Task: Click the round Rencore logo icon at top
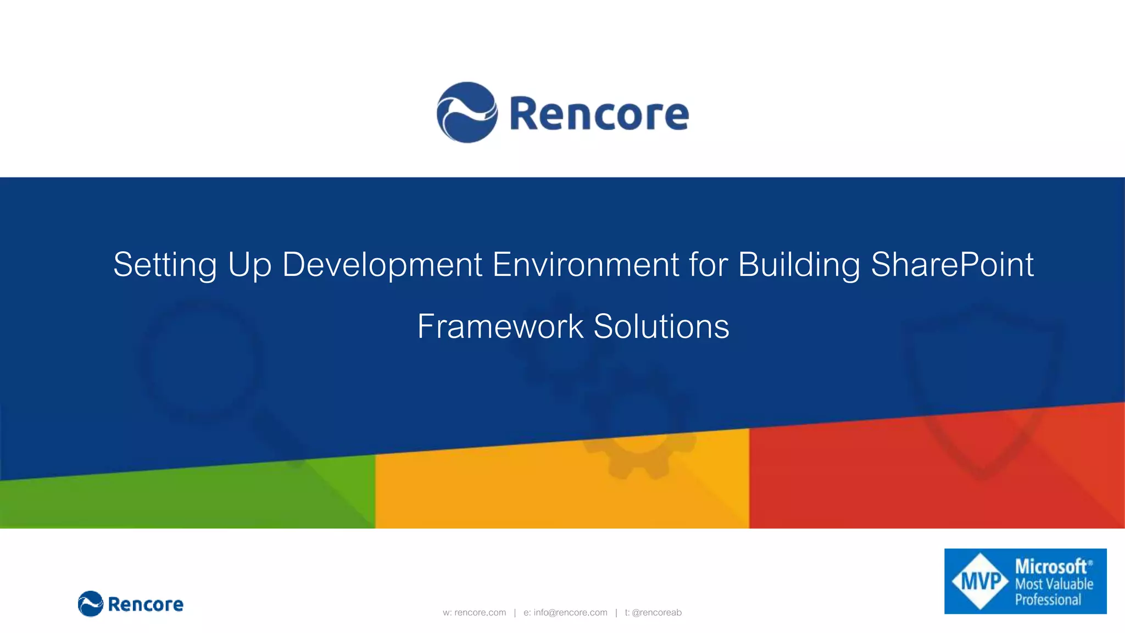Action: (x=467, y=113)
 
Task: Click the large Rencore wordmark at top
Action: (x=599, y=114)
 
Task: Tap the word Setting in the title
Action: (x=165, y=265)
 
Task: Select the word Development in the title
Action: (x=382, y=265)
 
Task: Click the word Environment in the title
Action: (x=586, y=265)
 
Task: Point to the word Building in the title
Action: (x=799, y=265)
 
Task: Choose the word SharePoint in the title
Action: (x=952, y=265)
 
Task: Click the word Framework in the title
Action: (x=500, y=326)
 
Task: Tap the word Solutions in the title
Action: (x=661, y=326)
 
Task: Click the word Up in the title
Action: (x=249, y=265)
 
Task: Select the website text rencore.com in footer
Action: (x=480, y=613)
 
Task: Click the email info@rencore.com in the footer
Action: (x=570, y=613)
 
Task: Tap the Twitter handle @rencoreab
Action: (x=656, y=613)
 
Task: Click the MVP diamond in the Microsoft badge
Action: (x=981, y=581)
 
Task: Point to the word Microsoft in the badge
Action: (x=1050, y=567)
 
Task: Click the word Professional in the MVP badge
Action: (x=1048, y=600)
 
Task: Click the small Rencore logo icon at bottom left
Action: (x=91, y=604)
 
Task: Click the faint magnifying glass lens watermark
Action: (x=201, y=360)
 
